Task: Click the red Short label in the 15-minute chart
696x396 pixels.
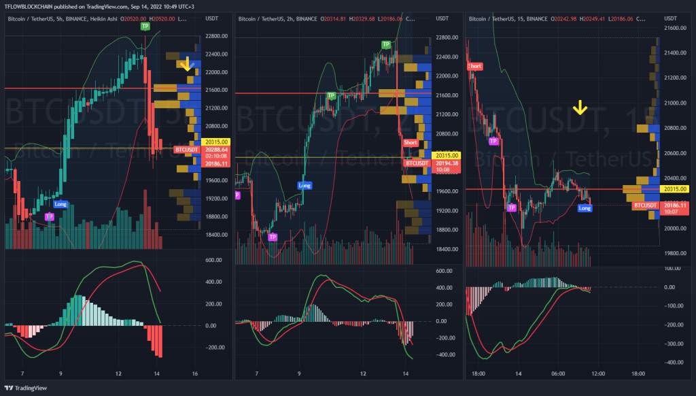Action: [475, 66]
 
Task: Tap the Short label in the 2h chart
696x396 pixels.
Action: [411, 142]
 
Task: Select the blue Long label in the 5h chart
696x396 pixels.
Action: [60, 203]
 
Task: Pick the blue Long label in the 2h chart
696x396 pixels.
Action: [304, 185]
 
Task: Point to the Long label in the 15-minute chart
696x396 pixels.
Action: [584, 208]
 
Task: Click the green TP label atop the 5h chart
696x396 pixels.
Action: [145, 26]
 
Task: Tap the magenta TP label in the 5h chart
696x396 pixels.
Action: [49, 216]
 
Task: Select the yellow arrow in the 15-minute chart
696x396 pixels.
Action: [580, 108]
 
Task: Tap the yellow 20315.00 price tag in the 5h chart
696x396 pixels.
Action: [217, 142]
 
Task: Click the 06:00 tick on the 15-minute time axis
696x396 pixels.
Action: [559, 374]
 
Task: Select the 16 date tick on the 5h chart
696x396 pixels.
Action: [196, 374]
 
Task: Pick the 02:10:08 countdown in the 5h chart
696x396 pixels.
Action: [217, 156]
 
